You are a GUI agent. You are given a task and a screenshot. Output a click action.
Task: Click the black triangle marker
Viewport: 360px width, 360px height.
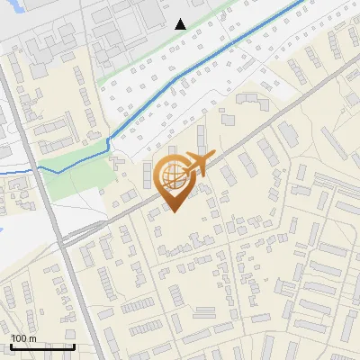[x=180, y=24]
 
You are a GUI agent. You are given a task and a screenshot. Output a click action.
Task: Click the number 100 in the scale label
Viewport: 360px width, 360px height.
[x=19, y=338]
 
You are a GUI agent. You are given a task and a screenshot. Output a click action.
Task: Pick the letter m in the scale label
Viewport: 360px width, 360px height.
[x=32, y=338]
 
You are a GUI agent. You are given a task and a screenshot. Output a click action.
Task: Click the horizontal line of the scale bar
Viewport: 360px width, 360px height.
[x=41, y=346]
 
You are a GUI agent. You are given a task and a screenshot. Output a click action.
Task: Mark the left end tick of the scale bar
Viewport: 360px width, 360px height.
[x=11, y=345]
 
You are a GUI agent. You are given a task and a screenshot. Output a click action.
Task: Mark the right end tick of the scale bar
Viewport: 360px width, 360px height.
[x=74, y=345]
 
